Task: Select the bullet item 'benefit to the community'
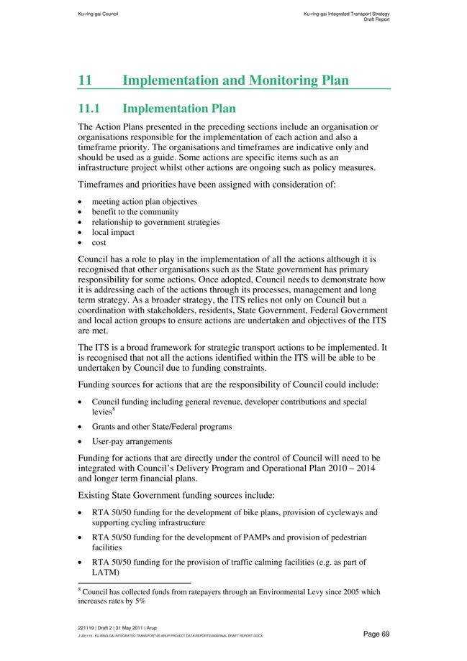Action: click(x=135, y=212)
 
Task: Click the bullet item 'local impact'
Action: click(x=113, y=232)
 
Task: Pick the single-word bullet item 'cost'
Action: click(x=99, y=242)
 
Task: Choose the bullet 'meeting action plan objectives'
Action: click(x=144, y=202)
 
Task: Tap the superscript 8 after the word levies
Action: click(x=114, y=409)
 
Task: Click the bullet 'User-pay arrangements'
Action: click(x=132, y=441)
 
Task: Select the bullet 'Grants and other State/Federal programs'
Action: click(x=161, y=426)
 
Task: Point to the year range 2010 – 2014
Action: click(x=352, y=468)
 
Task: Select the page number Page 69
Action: click(x=376, y=633)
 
